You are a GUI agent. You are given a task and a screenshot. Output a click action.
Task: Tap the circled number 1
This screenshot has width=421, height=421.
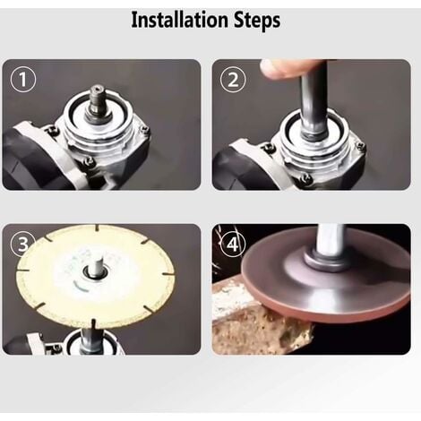tap(24, 81)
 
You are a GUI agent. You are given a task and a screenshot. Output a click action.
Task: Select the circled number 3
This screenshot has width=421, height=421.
tap(24, 245)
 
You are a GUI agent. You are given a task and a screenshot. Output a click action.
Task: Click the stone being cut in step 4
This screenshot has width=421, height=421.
tap(260, 318)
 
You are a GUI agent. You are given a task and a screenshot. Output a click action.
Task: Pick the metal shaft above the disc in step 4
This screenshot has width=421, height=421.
tap(330, 238)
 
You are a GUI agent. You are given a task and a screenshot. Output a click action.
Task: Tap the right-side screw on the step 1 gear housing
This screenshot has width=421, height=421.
tap(143, 133)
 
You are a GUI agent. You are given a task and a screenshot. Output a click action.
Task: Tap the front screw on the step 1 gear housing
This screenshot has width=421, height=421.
tap(90, 161)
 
